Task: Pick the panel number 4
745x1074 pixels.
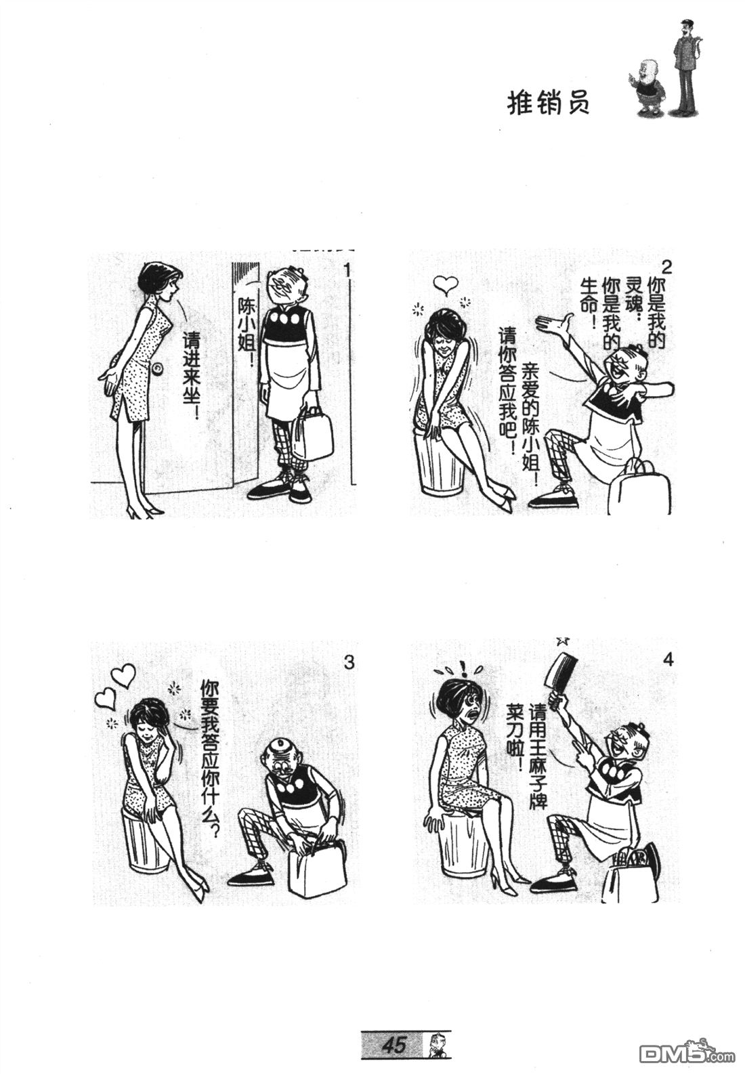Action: pyautogui.click(x=668, y=660)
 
